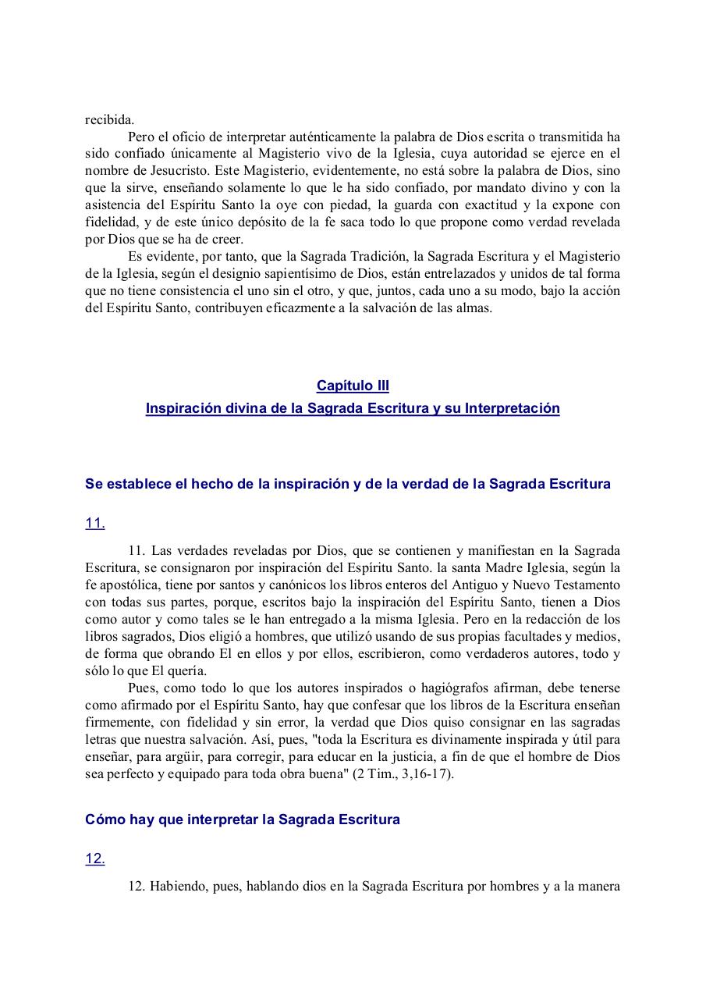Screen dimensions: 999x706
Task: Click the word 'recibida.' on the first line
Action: click(x=110, y=119)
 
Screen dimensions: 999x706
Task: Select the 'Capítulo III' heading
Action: click(x=353, y=386)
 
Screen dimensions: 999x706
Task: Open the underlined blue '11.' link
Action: click(x=95, y=524)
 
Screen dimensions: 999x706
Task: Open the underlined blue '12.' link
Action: click(x=95, y=859)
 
